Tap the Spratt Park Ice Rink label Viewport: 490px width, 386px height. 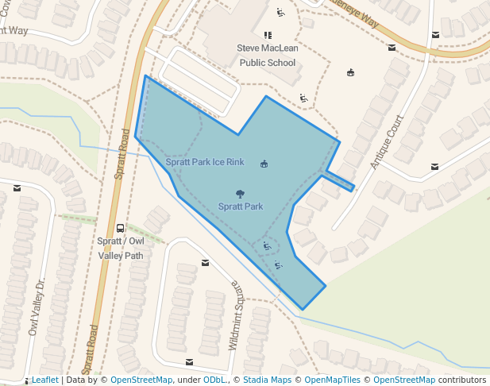click(205, 162)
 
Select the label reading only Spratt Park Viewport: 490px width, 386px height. click(241, 207)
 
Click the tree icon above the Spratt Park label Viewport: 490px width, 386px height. click(240, 193)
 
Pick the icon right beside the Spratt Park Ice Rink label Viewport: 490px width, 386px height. click(264, 164)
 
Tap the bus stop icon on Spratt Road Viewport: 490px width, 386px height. click(120, 228)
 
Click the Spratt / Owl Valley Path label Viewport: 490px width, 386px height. click(121, 248)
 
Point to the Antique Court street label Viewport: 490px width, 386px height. click(388, 141)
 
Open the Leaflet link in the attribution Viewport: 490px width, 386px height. click(44, 380)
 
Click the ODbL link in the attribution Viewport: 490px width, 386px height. click(214, 380)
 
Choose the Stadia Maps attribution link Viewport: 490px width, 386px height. click(267, 380)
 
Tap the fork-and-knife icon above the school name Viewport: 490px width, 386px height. click(267, 35)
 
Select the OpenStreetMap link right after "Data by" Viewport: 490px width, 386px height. click(141, 380)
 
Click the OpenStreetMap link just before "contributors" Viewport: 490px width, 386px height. click(404, 380)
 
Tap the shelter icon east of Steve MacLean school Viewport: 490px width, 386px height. click(350, 73)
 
